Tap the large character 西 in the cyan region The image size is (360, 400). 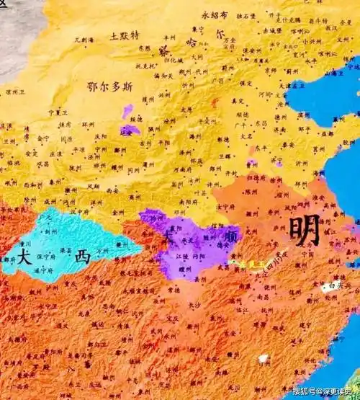coord(83,256)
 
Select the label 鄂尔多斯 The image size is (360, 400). coord(109,86)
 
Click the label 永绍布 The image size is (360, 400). coord(214,14)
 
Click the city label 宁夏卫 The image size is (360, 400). coord(58,112)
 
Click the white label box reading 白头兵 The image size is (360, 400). coord(332,286)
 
